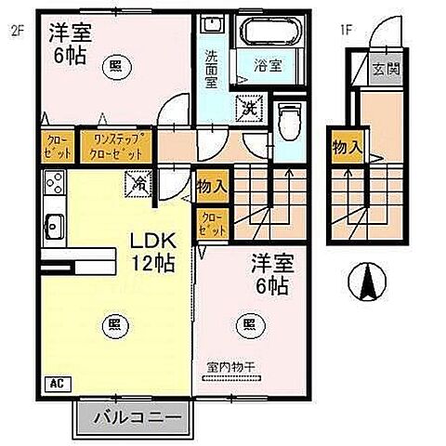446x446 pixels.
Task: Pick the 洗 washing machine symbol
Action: [x=250, y=108]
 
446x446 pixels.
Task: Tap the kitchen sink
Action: [x=52, y=223]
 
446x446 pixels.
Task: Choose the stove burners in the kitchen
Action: [x=52, y=181]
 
